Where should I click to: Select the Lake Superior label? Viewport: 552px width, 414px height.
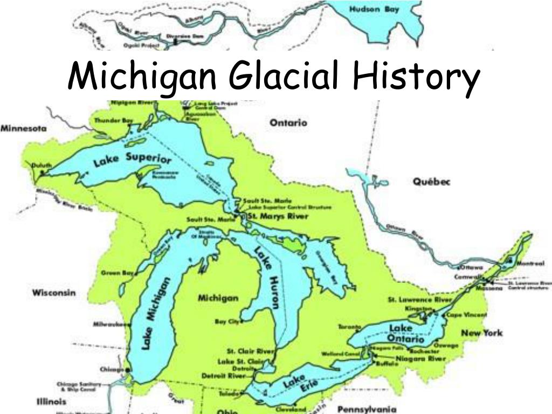(x=133, y=160)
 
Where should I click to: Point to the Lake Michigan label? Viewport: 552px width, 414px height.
(x=156, y=313)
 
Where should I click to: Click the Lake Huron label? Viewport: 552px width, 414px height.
(x=268, y=277)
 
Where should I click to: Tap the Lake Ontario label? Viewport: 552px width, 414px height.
(x=404, y=334)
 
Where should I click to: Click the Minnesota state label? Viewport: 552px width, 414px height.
(x=23, y=129)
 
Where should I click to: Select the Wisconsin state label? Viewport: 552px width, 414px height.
(x=54, y=293)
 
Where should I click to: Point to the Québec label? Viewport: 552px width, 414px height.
(x=431, y=182)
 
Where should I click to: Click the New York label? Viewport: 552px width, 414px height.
(x=481, y=333)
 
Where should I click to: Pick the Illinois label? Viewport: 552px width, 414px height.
(x=51, y=401)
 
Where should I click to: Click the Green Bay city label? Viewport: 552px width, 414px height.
(x=117, y=273)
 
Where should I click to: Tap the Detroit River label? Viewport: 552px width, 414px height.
(x=223, y=375)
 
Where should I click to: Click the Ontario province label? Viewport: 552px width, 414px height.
(x=288, y=123)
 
